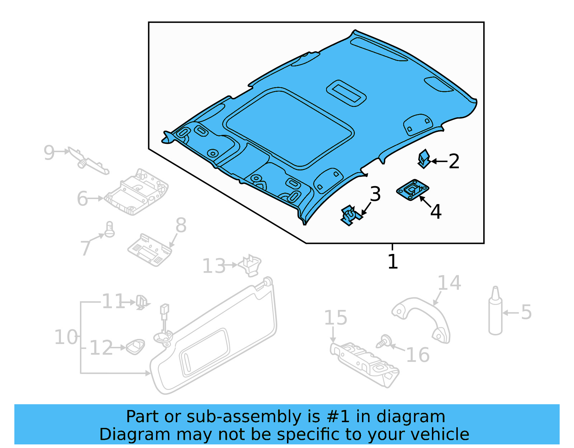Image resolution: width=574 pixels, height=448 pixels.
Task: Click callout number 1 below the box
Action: point(393,261)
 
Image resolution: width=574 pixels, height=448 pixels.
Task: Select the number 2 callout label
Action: point(454,161)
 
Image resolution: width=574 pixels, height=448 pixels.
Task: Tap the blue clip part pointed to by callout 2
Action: point(424,159)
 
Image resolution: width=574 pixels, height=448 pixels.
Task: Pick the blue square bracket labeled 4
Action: point(413,190)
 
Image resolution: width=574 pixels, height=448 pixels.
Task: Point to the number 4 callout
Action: point(436,212)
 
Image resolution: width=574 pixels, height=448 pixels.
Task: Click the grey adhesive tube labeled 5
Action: point(495,312)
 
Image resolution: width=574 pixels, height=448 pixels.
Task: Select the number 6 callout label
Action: point(83,199)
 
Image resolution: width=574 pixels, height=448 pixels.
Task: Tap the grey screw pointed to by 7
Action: point(109,230)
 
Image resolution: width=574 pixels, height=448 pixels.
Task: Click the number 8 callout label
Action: point(181,226)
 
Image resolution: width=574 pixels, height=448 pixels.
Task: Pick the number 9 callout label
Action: point(49,152)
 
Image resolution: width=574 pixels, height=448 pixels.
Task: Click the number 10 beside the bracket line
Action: point(66,337)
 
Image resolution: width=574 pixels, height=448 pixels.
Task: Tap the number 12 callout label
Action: point(101,348)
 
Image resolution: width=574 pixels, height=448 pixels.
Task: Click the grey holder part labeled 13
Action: point(251,265)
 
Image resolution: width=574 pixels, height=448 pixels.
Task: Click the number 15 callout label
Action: point(335,318)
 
